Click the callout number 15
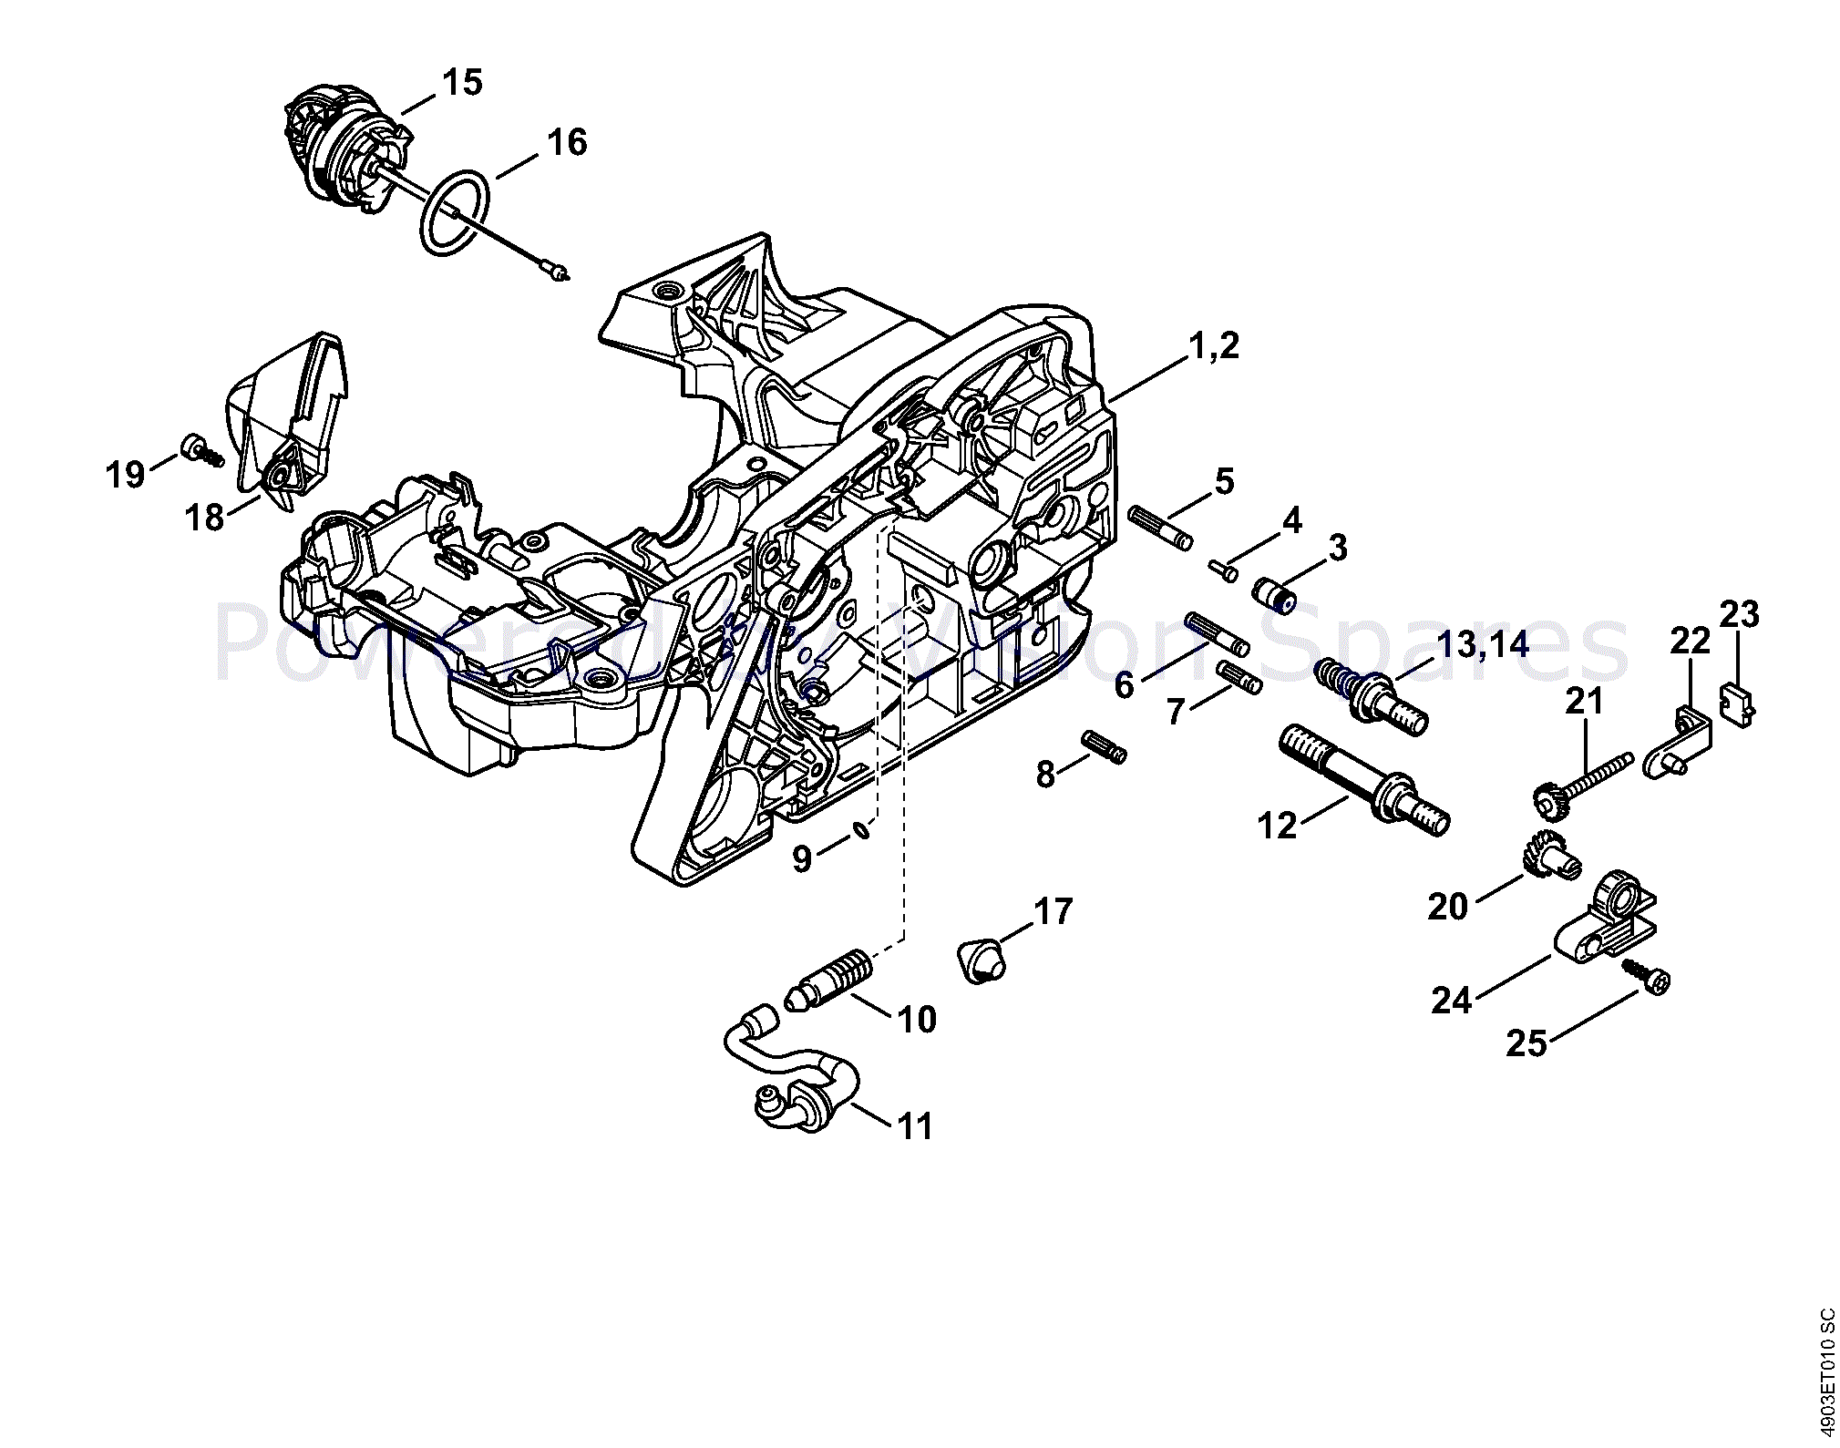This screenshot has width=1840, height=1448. (462, 83)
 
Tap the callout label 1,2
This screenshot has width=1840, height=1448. (1214, 346)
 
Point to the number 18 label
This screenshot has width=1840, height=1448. (204, 518)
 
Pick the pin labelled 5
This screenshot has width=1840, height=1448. (1160, 529)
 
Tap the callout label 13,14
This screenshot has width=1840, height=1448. (1482, 644)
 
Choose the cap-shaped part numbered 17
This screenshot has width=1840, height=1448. (981, 959)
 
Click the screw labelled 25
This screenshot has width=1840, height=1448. (1648, 982)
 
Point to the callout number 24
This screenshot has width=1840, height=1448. (1452, 1001)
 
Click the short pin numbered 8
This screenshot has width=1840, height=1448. (1104, 746)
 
